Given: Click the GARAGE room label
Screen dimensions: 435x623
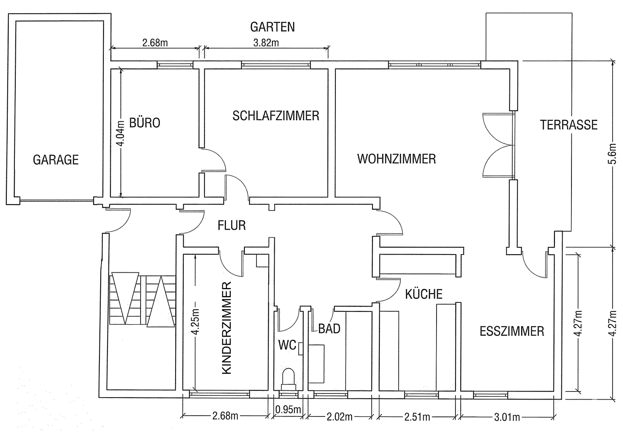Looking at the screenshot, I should (56, 160).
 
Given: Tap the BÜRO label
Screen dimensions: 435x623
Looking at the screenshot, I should (145, 123).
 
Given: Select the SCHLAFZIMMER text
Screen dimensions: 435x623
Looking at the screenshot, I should (276, 116).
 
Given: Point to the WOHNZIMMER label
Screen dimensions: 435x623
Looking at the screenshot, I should (396, 159).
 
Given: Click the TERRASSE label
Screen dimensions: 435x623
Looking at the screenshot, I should (568, 125).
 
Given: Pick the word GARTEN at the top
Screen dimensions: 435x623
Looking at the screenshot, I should (272, 27).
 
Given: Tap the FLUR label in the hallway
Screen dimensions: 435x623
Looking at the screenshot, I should (232, 225).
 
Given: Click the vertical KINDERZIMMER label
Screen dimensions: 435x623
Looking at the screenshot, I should (227, 328).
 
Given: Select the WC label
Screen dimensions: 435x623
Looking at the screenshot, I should (287, 345).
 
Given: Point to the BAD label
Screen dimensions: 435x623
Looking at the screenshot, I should (329, 329).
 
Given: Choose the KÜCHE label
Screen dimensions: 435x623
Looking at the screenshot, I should (424, 294).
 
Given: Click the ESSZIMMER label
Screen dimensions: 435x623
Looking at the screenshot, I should (511, 331).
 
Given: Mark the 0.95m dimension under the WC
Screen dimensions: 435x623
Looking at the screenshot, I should (288, 410).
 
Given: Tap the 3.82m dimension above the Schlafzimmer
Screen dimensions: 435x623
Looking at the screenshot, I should (266, 43).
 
